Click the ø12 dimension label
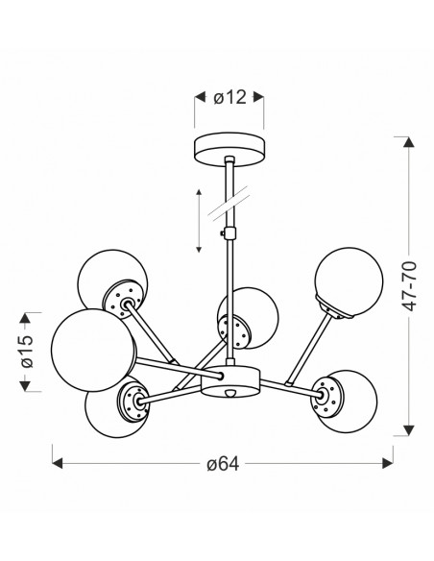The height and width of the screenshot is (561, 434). (x=229, y=97)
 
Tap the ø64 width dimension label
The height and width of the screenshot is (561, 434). (x=223, y=464)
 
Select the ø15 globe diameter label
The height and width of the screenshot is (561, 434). (x=27, y=352)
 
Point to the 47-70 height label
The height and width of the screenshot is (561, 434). (x=409, y=286)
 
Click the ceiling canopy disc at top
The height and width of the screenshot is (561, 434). (x=230, y=149)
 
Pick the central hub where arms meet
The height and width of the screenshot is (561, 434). (x=229, y=380)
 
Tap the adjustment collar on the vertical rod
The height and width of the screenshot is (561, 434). (x=229, y=233)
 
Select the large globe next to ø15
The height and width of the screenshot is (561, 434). (x=94, y=351)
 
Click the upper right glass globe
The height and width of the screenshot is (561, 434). (x=349, y=280)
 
